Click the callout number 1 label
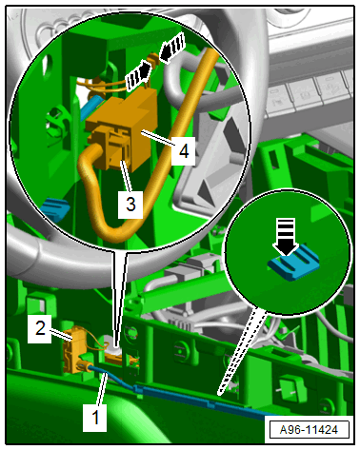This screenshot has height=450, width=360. (x=94, y=417)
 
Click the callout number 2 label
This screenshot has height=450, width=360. (x=40, y=328)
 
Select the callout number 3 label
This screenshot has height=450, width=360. (x=130, y=205)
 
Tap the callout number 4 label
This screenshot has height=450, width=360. (x=184, y=151)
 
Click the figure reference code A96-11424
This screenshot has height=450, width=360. (x=309, y=430)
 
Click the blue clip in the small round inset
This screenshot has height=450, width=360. (x=294, y=263)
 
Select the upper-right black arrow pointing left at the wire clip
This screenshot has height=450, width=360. (x=172, y=48)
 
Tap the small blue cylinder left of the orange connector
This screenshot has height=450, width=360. (x=91, y=108)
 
